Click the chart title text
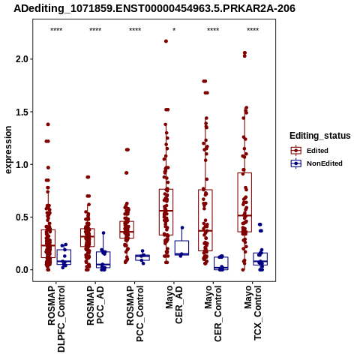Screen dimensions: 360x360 point(154,8)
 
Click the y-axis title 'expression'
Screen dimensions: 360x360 point(8,150)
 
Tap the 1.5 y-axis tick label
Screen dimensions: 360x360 point(22,112)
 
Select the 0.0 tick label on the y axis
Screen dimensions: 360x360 point(22,270)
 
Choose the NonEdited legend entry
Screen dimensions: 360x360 point(316,163)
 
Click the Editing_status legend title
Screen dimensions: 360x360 point(320,136)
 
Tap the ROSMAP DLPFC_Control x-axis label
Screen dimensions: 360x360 point(56,319)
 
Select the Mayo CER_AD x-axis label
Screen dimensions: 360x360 point(174,304)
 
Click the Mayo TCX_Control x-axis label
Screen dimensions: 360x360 point(253,313)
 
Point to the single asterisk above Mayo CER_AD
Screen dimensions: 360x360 point(174,30)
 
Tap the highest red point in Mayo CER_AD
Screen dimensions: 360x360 point(166,41)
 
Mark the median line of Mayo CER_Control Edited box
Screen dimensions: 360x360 point(205,231)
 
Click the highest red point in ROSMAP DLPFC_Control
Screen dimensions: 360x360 point(48,124)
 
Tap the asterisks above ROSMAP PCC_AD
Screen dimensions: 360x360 point(95,30)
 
